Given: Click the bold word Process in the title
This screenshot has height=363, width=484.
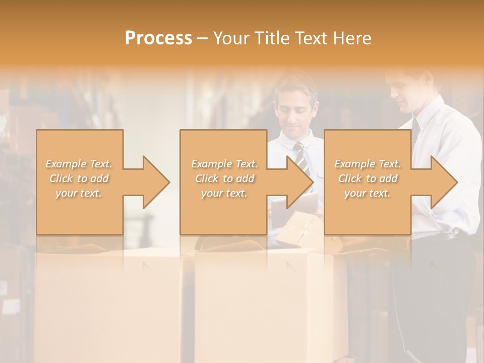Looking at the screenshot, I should point(158,38).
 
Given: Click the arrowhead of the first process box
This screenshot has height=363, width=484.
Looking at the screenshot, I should point(156,182).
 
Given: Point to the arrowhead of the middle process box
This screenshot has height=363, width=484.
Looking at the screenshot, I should point(300,182).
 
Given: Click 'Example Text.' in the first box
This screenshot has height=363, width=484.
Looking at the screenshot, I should point(79,164).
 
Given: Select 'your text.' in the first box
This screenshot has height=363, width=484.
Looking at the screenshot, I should point(79,193).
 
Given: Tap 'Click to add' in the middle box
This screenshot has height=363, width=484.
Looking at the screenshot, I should point(224,178).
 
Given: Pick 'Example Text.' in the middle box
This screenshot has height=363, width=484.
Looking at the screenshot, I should point(224,164).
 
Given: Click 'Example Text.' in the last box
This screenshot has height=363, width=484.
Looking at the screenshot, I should point(368,164).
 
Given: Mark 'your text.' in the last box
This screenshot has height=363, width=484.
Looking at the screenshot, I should point(368,193).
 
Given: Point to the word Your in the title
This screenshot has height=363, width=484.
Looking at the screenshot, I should point(230,38).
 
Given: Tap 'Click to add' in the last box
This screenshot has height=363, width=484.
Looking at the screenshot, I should point(368,178).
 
